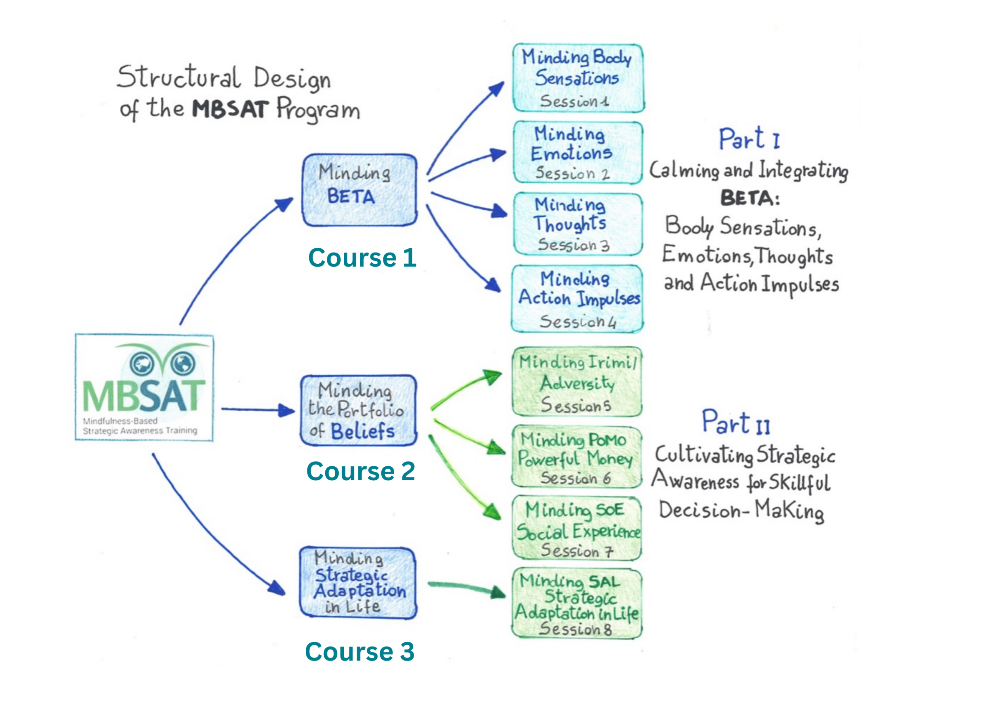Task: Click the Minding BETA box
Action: coord(359,190)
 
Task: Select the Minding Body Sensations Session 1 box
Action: coord(578,78)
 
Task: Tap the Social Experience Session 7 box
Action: coord(577,528)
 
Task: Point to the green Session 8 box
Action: coord(577,603)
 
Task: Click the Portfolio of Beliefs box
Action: coord(358,411)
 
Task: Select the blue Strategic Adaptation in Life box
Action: coord(358,582)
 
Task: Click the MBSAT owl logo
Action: coord(144,387)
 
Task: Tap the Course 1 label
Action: coord(362,258)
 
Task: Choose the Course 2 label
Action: coord(361,471)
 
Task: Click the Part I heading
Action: coord(749,139)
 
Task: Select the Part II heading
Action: coord(736,422)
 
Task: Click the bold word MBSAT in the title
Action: coord(230,109)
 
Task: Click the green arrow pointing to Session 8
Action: coord(466,588)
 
